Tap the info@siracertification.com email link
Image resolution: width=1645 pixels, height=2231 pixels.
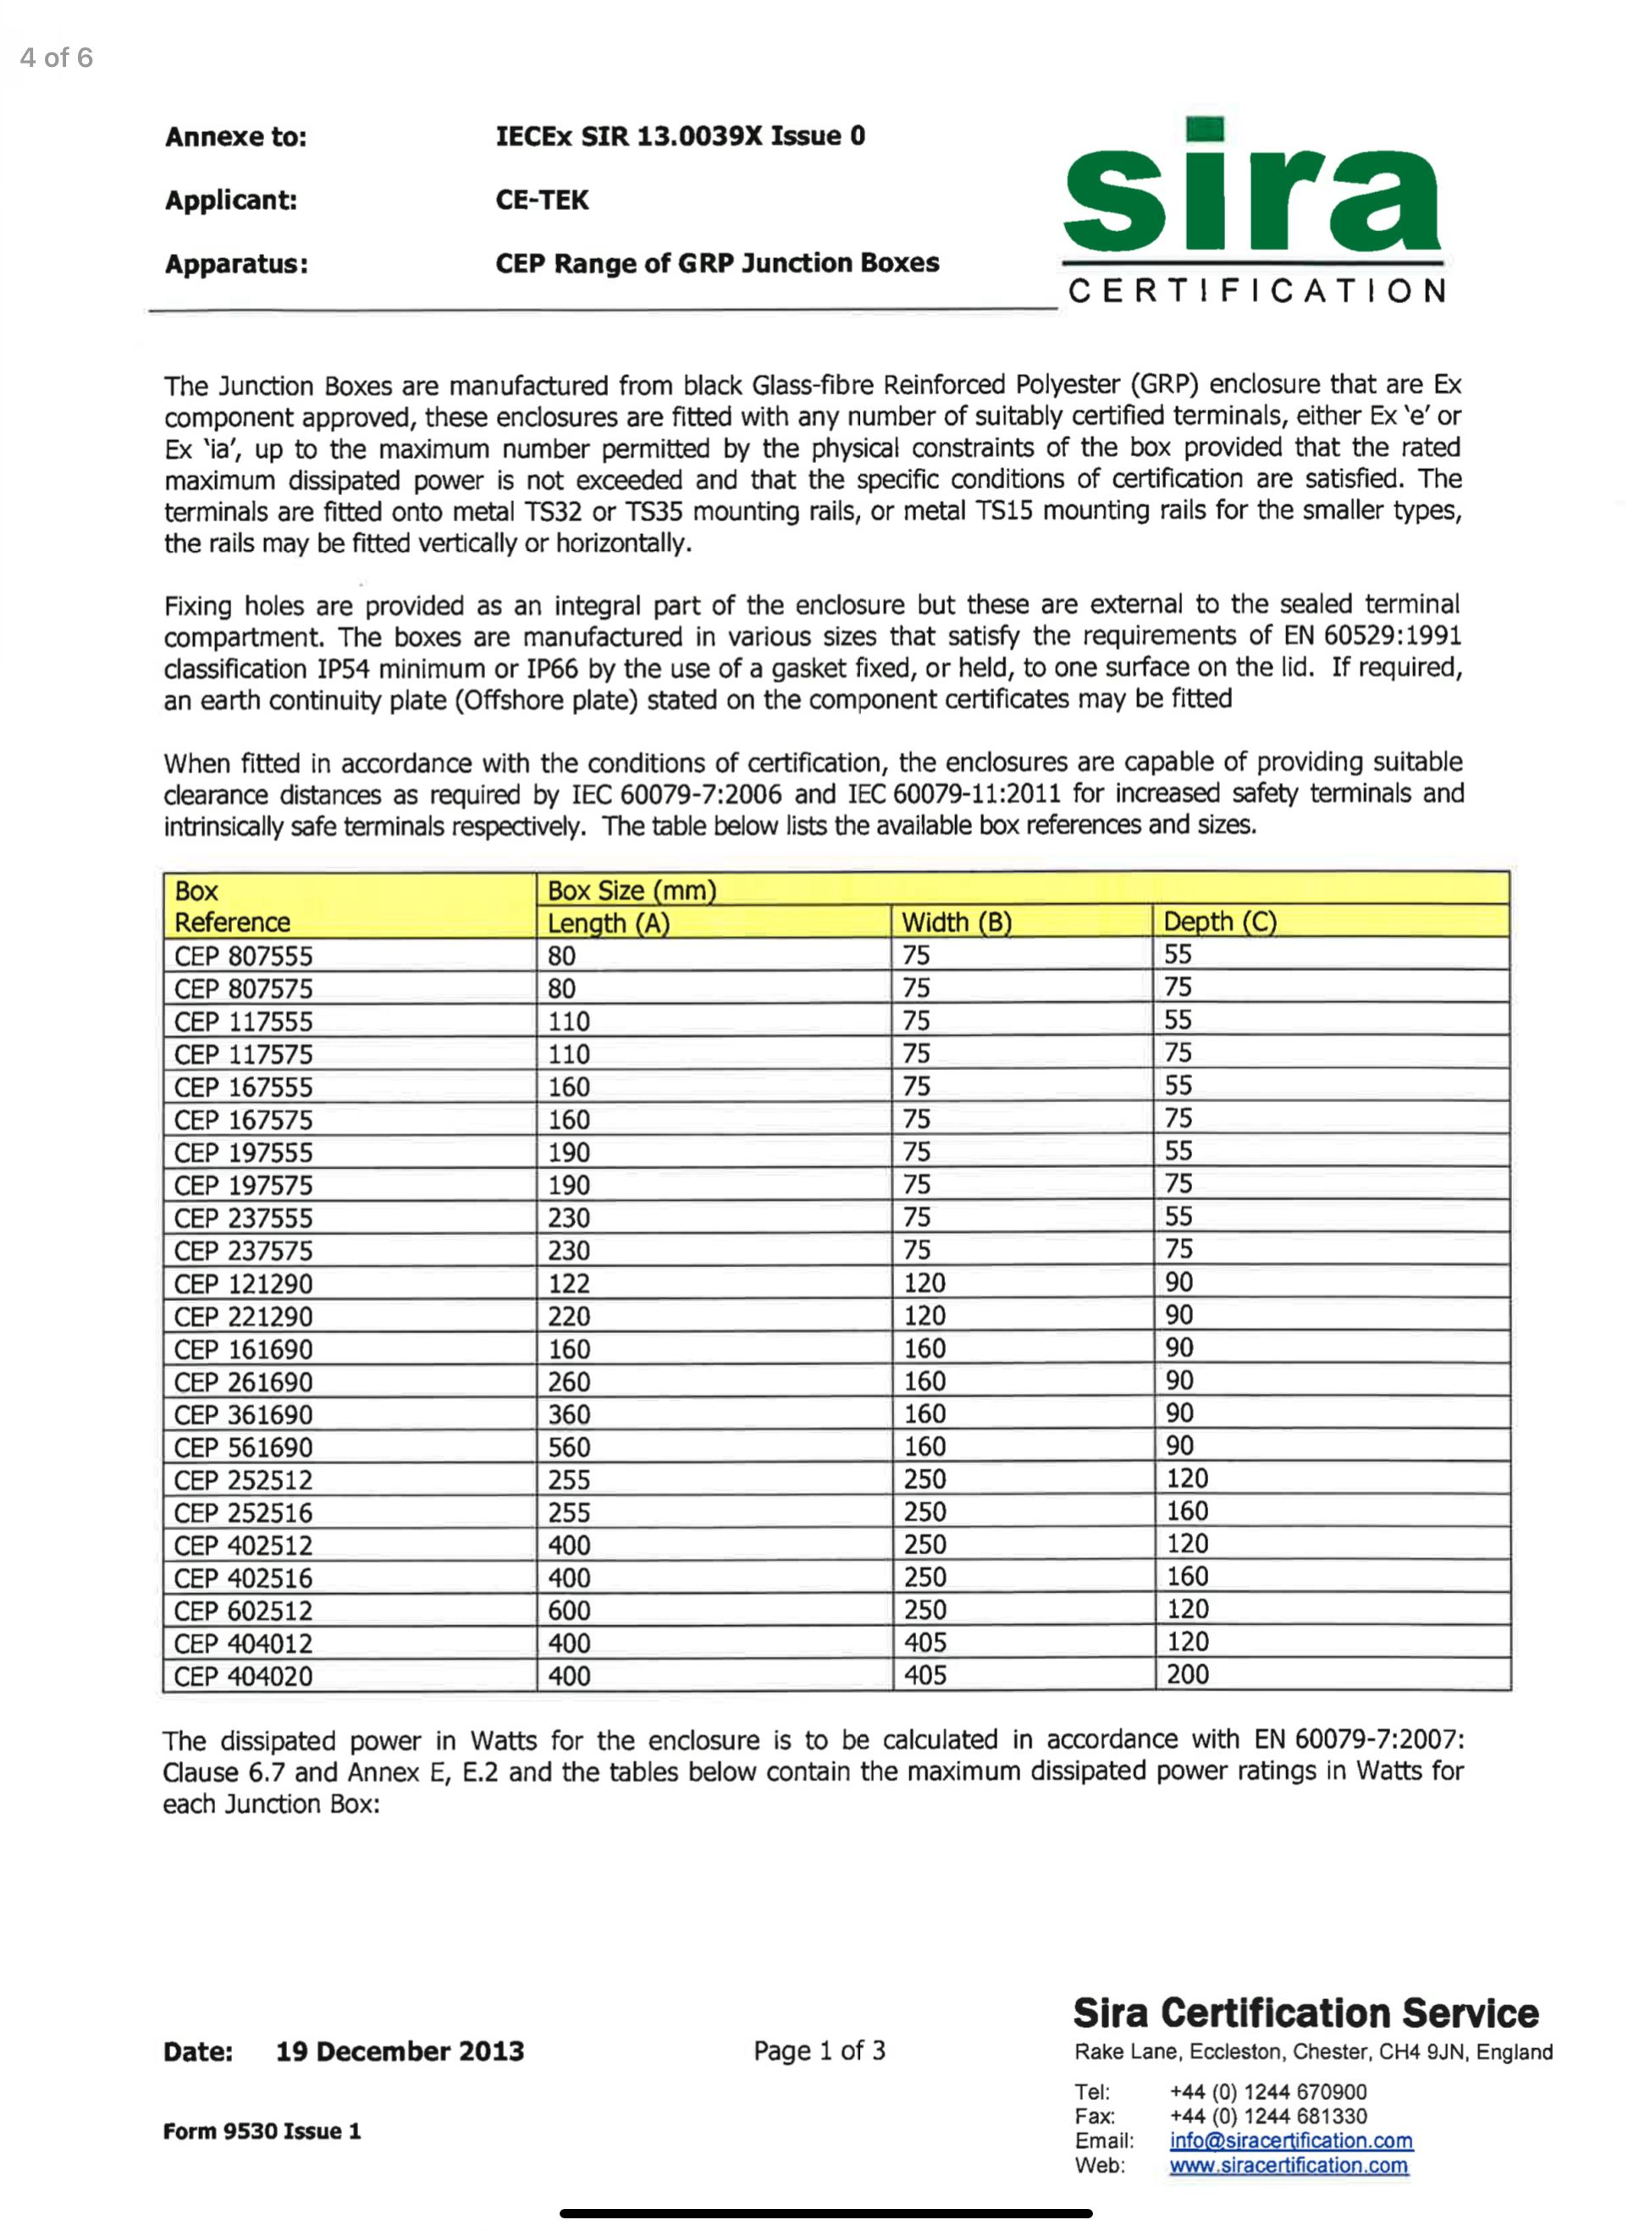tap(1290, 2140)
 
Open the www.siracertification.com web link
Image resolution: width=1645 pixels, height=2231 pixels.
tap(1289, 2164)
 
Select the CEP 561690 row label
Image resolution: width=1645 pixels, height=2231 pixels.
tap(243, 1447)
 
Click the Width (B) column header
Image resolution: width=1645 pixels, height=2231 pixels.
tap(956, 922)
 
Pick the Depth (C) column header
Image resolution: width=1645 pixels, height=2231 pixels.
tap(1220, 921)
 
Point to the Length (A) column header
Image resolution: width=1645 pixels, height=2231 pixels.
tap(609, 923)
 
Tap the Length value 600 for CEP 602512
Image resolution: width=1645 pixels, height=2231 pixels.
tap(570, 1610)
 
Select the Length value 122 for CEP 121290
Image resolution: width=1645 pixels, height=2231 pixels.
tap(570, 1283)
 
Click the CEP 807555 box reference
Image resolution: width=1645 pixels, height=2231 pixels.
tap(243, 956)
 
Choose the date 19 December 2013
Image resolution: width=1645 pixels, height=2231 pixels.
tap(400, 2051)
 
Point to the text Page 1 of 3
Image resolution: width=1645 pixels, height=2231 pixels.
tap(819, 2050)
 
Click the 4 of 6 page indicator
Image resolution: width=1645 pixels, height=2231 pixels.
tap(57, 58)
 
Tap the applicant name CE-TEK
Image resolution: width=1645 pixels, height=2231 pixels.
tap(542, 200)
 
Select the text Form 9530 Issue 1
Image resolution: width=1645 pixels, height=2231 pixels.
tap(262, 2130)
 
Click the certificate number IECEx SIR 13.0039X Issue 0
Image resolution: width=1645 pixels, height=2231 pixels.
tap(680, 135)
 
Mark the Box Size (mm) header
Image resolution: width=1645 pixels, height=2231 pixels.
tap(632, 890)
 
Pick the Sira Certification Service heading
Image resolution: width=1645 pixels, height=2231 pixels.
tap(1306, 2012)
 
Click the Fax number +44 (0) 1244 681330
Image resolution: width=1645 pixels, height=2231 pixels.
tap(1267, 2116)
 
